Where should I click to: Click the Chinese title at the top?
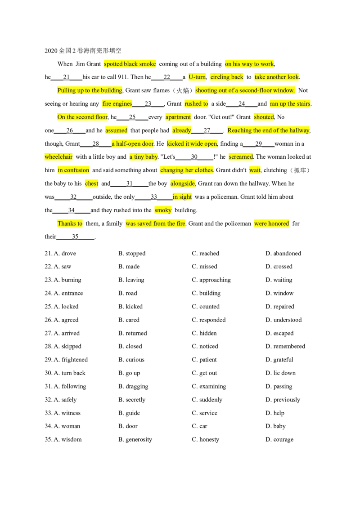[x=83, y=51]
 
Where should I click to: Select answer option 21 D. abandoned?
[x=283, y=253]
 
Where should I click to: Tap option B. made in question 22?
[x=129, y=267]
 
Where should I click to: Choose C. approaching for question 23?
[x=211, y=280]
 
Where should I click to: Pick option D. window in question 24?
[x=279, y=293]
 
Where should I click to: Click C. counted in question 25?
[x=206, y=307]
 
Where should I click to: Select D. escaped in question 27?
[x=279, y=333]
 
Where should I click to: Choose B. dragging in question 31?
[x=133, y=386]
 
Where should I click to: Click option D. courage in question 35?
[x=279, y=440]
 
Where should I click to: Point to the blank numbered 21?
[x=67, y=77]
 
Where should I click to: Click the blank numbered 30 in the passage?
[x=194, y=157]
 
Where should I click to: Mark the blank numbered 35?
[x=76, y=237]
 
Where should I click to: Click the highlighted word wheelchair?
[x=58, y=157]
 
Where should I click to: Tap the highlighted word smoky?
[x=163, y=210]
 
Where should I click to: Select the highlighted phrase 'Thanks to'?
[x=70, y=223]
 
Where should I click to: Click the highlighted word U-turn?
[x=197, y=77]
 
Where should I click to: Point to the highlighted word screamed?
[x=241, y=157]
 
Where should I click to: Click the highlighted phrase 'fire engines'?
[x=117, y=103]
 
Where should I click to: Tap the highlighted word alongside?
[x=183, y=183]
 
